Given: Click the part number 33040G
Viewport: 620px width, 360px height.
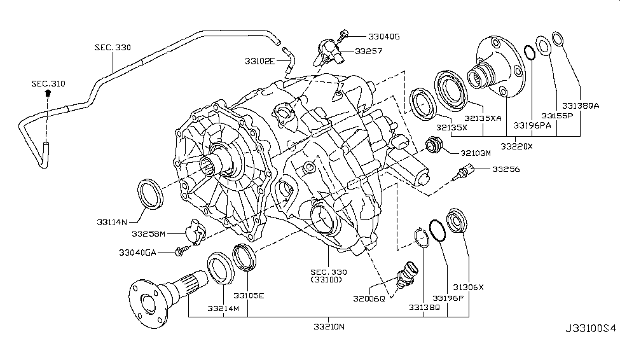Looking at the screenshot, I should pyautogui.click(x=382, y=37).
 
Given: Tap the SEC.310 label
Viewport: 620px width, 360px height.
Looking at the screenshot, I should pyautogui.click(x=48, y=83).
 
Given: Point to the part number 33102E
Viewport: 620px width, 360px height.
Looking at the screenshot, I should pyautogui.click(x=259, y=60).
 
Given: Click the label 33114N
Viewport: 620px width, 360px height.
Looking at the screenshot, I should pyautogui.click(x=114, y=221).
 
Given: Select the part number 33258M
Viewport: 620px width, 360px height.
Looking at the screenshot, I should pyautogui.click(x=148, y=234).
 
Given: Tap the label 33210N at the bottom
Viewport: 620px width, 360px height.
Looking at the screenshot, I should pyautogui.click(x=328, y=327).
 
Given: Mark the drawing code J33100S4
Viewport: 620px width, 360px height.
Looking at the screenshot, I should pyautogui.click(x=591, y=347).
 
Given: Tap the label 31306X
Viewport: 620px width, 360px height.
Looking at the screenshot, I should pyautogui.click(x=469, y=287).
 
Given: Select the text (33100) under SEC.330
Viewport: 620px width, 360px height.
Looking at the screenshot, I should pyautogui.click(x=326, y=279).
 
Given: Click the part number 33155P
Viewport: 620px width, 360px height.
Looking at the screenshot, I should pyautogui.click(x=557, y=116).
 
